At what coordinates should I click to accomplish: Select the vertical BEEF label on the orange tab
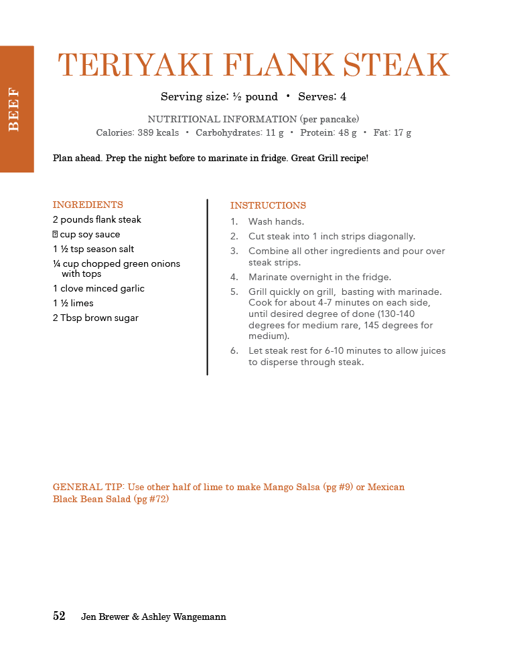[x=14, y=110]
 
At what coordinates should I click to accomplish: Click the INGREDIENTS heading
[x=88, y=205]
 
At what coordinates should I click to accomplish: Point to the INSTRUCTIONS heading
[x=268, y=205]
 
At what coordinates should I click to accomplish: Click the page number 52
[x=59, y=616]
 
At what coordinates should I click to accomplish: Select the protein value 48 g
[x=346, y=132]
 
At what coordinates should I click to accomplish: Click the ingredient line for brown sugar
[x=96, y=318]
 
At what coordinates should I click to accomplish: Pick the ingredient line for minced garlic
[x=98, y=288]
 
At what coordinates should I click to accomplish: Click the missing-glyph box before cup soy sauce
[x=56, y=235]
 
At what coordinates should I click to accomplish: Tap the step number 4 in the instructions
[x=234, y=277]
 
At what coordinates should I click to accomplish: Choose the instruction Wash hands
[x=276, y=221]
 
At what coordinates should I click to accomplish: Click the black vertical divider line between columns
[x=207, y=288]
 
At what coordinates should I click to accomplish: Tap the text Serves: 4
[x=322, y=96]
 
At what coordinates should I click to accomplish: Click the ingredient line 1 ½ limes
[x=73, y=303]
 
